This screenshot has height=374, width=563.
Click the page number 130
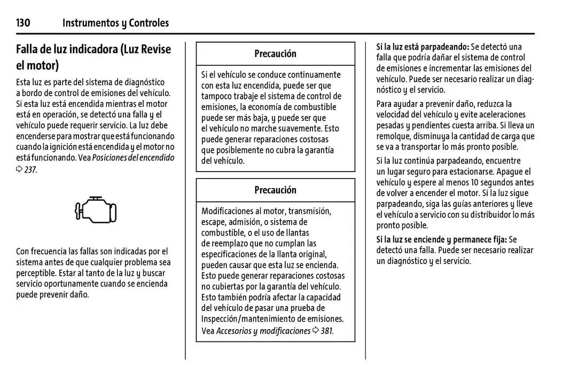[x=23, y=22]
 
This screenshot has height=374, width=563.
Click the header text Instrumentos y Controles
[x=115, y=22]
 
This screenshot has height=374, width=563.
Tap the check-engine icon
[x=96, y=209]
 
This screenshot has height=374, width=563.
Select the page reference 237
[x=30, y=169]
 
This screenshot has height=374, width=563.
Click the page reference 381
[x=326, y=331]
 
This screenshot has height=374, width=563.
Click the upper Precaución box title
[x=275, y=53]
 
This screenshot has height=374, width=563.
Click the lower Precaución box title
[x=275, y=190]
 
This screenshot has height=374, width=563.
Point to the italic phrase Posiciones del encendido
[x=133, y=158]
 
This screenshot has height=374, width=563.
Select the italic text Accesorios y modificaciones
[x=263, y=331]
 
